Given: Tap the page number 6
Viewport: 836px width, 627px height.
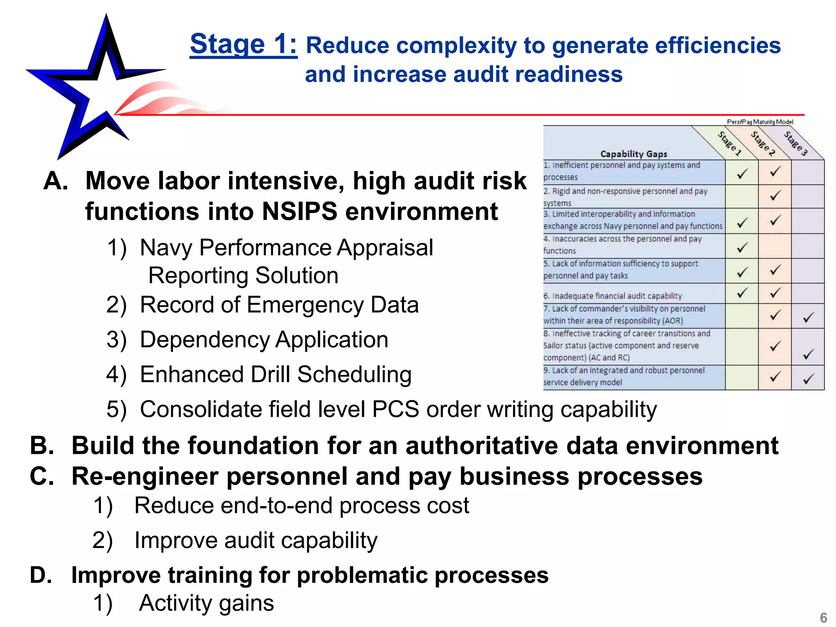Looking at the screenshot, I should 823,617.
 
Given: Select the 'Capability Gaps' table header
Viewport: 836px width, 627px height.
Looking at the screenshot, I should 634,154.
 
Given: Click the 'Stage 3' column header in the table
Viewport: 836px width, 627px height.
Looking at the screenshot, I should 796,144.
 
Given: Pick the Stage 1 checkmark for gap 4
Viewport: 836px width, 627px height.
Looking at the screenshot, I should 742,247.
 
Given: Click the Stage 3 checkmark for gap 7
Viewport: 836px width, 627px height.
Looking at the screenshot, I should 808,317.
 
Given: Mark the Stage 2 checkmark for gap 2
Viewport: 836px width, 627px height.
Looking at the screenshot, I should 775,196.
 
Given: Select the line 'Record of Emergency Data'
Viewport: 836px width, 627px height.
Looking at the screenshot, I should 279,305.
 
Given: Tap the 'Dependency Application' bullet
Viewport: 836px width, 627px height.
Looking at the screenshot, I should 264,340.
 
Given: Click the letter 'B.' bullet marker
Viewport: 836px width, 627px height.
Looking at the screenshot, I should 42,445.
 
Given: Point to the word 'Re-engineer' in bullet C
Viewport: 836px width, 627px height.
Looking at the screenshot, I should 145,476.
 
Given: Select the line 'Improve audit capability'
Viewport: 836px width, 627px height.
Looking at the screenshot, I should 256,540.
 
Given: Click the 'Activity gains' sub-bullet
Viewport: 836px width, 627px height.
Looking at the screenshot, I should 206,603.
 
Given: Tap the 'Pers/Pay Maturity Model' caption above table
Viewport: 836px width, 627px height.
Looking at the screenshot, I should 760,122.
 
